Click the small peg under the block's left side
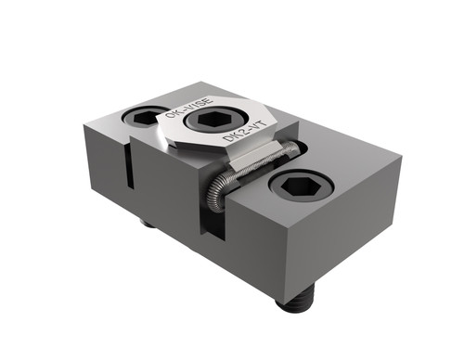click(x=148, y=224)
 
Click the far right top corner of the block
click(x=401, y=157)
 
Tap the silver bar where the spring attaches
click(x=255, y=166)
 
